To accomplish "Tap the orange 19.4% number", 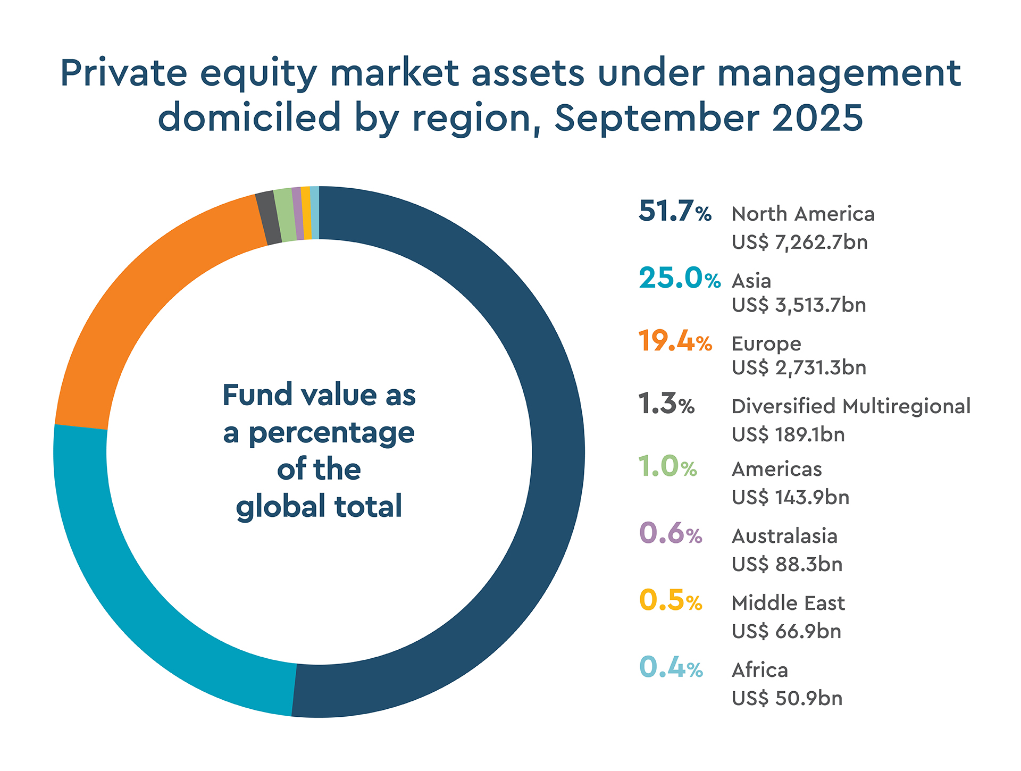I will pos(674,341).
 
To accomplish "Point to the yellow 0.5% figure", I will pos(670,600).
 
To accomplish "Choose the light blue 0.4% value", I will pos(670,668).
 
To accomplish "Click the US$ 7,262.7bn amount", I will pos(799,242).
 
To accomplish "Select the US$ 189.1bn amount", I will pos(788,435).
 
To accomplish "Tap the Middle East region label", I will pos(788,603).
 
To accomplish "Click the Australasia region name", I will pos(784,536).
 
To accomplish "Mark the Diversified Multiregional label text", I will pos(851,406).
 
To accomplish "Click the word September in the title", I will pos(657,118).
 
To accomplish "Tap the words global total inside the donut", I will pos(319,506).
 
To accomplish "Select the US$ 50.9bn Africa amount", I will pos(787,698).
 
